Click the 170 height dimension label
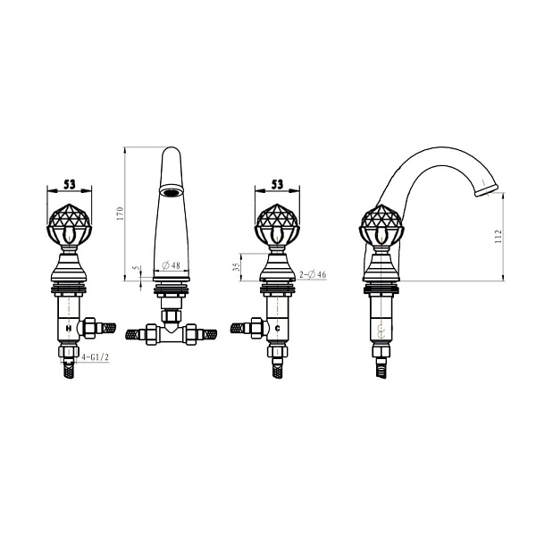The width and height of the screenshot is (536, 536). coord(120,214)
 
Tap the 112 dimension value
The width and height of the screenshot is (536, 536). coord(498,236)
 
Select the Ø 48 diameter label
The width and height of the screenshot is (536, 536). coord(171,265)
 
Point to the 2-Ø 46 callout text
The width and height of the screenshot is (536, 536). coord(313,274)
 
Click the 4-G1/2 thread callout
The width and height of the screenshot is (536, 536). coord(96,357)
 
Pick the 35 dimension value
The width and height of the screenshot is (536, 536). coord(236,267)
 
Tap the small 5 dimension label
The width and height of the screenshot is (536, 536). coord(138,268)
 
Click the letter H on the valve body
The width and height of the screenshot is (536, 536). coord(69,328)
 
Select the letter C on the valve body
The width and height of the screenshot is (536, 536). coord(278,328)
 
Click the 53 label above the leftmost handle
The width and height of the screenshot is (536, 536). coord(70,185)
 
